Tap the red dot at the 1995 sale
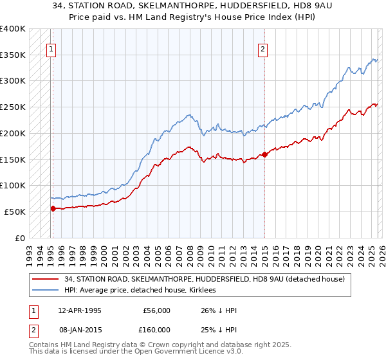[x=53, y=208]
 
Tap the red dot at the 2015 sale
[x=264, y=154]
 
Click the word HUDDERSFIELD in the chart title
[x=225, y=7]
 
